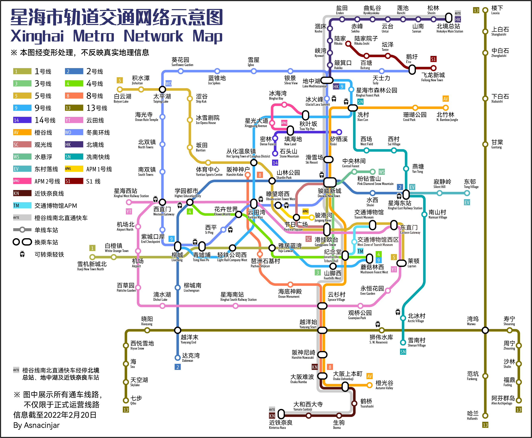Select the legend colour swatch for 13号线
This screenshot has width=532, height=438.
click(74, 108)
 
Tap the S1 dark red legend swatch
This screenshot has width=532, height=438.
click(74, 181)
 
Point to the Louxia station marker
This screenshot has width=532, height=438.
click(485, 10)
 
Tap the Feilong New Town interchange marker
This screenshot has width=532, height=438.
click(412, 70)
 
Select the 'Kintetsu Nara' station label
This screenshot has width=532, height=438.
click(280, 425)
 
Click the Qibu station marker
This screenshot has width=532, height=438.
click(126, 400)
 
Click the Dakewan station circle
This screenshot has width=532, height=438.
click(178, 358)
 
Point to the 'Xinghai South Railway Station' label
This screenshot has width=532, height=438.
click(238, 297)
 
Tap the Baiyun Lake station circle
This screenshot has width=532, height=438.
click(120, 89)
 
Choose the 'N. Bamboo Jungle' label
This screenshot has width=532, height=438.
click(447, 117)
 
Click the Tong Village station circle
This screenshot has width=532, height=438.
click(467, 193)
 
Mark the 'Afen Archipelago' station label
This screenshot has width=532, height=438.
click(503, 400)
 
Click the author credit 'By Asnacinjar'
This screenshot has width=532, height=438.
click(36, 425)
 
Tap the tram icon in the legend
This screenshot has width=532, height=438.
click(22, 254)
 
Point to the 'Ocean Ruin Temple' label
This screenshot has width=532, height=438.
click(146, 117)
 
